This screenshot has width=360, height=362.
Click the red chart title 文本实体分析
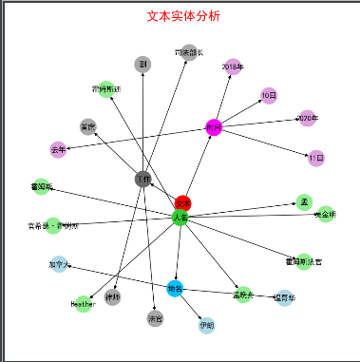[x=182, y=16]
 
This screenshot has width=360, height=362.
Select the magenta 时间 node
[x=214, y=127]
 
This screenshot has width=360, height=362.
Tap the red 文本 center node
[x=183, y=202]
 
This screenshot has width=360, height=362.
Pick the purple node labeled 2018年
[x=233, y=67]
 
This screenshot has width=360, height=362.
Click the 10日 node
[x=268, y=95]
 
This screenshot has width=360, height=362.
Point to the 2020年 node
[x=306, y=118]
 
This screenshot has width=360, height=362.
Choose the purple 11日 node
[x=316, y=157]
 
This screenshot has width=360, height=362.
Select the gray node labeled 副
[x=142, y=64]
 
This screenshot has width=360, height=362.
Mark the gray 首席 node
[x=88, y=126]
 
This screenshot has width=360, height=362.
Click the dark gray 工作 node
[x=142, y=179]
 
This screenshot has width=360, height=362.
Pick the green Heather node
[x=84, y=304]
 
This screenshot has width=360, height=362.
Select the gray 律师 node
[x=113, y=297]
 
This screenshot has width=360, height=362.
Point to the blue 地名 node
[x=174, y=287]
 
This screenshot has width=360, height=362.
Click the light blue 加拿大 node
[x=59, y=265]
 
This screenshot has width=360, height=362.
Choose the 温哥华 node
[x=283, y=298]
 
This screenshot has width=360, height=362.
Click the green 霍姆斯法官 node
[x=296, y=259]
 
